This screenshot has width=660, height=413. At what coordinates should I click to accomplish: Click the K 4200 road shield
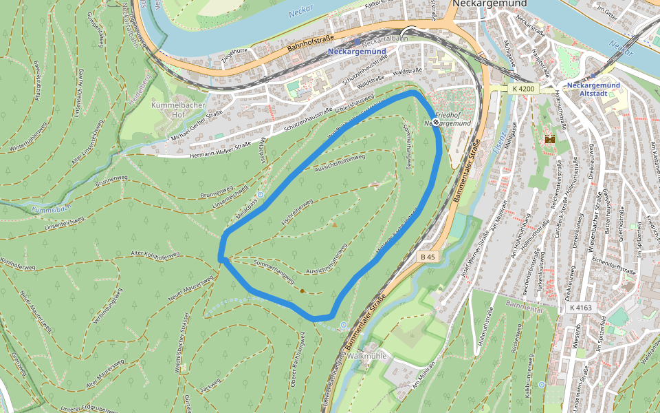[522, 89]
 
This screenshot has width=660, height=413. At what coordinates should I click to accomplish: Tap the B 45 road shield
[428, 257]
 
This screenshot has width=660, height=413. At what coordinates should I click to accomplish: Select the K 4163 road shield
[580, 308]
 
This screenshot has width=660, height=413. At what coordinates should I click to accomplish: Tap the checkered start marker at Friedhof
[435, 122]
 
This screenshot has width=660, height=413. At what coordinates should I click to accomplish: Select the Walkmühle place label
[368, 357]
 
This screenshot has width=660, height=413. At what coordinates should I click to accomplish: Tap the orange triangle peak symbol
[335, 224]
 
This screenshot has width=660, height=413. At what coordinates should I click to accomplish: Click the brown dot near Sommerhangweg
[302, 291]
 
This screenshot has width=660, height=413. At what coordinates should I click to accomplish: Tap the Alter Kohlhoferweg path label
[155, 255]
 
